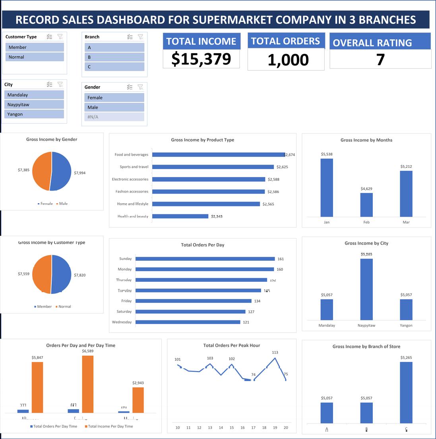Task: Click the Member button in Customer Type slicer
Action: [34, 47]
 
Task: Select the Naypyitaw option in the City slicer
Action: [34, 104]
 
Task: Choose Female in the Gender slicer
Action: [114, 98]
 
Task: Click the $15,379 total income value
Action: [201, 59]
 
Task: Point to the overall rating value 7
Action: [380, 60]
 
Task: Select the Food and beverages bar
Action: [218, 155]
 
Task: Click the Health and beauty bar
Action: [180, 216]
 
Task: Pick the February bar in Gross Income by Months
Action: [366, 205]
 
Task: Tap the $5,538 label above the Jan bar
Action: [326, 154]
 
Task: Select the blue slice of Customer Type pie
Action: [62, 274]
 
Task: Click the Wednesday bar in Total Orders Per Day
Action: [188, 322]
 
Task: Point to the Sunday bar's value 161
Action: [281, 259]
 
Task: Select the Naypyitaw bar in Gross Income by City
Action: [366, 289]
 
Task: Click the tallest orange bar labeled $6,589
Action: [87, 384]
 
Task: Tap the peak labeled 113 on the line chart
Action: [275, 358]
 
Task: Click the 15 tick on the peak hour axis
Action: [232, 427]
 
